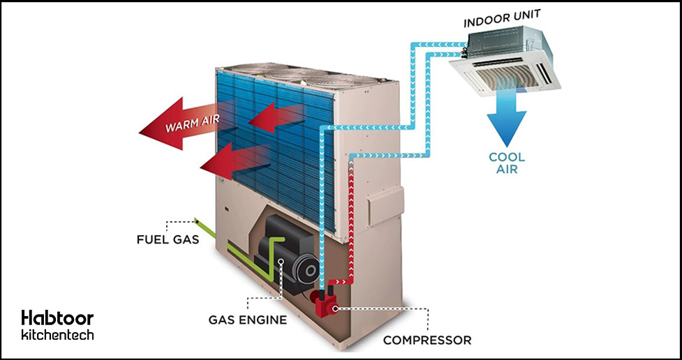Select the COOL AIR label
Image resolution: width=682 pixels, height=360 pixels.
[503, 163]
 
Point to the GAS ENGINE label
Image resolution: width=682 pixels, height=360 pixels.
[248, 320]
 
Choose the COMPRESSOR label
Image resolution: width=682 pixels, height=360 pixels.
[427, 340]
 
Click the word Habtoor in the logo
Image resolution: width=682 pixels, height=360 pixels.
[57, 318]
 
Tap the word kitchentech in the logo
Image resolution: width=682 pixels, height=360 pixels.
[57, 336]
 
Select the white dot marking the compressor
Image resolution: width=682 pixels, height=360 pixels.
[333, 307]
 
